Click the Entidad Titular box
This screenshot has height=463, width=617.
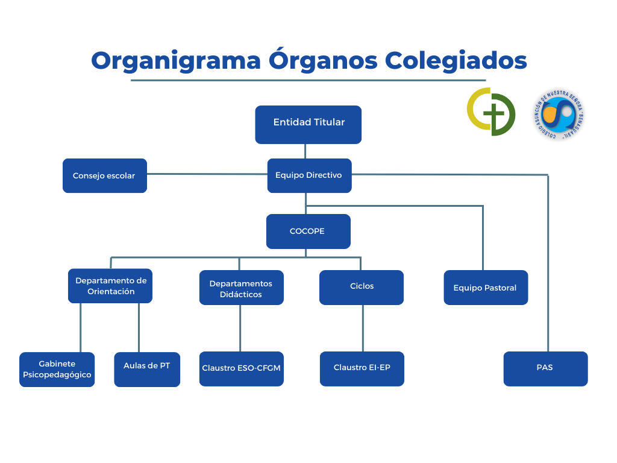coord(308,124)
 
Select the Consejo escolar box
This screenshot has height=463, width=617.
coord(104,175)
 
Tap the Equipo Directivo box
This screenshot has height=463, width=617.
coord(309,175)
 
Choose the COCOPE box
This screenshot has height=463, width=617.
coord(308,231)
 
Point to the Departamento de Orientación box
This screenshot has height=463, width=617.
coord(110,286)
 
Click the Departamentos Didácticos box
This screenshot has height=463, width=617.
coord(241,288)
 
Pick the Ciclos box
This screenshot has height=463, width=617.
coord(362,287)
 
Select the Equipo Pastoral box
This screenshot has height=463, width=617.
coord(485,288)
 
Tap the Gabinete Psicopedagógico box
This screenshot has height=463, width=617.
coord(57,370)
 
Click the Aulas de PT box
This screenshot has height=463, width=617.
coord(147,370)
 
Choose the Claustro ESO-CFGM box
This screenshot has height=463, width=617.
coord(241,368)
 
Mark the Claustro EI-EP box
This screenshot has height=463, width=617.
coord(362,368)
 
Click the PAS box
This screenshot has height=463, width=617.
coord(545,368)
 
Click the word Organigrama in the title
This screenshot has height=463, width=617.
coord(176,61)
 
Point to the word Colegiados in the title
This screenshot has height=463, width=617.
coord(456,61)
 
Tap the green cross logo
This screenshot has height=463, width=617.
coord(491,112)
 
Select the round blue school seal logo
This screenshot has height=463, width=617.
coord(559,114)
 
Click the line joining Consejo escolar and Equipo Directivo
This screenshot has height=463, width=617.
coord(207,174)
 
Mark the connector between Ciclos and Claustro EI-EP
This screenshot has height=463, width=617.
coord(363,328)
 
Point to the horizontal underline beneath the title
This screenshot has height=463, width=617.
coord(308,80)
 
